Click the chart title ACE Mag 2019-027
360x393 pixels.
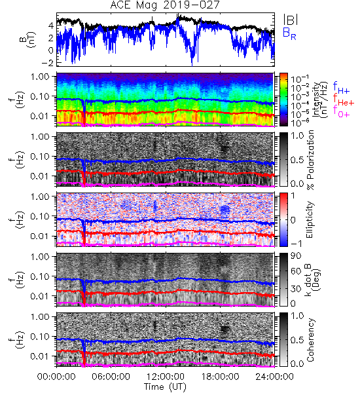click(165, 5)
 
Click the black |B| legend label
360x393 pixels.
click(291, 20)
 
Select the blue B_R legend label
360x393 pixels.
click(289, 33)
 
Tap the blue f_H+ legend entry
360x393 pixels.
click(341, 88)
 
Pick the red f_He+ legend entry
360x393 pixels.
click(343, 100)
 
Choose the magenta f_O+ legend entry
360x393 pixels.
click(341, 111)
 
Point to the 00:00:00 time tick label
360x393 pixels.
click(56, 377)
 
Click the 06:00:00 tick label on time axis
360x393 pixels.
click(111, 377)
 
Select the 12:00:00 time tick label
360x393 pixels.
click(166, 377)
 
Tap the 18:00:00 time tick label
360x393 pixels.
click(220, 377)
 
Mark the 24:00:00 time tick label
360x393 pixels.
click(274, 377)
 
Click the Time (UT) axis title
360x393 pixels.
click(166, 386)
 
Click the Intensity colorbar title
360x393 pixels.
click(320, 100)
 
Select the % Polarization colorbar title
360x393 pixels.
click(310, 160)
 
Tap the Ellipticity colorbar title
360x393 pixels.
click(310, 219)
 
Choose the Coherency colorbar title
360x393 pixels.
click(310, 340)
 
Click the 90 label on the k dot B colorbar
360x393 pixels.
click(296, 256)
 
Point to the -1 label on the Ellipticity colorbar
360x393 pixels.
click(296, 244)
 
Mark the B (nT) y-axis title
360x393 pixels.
click(28, 39)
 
